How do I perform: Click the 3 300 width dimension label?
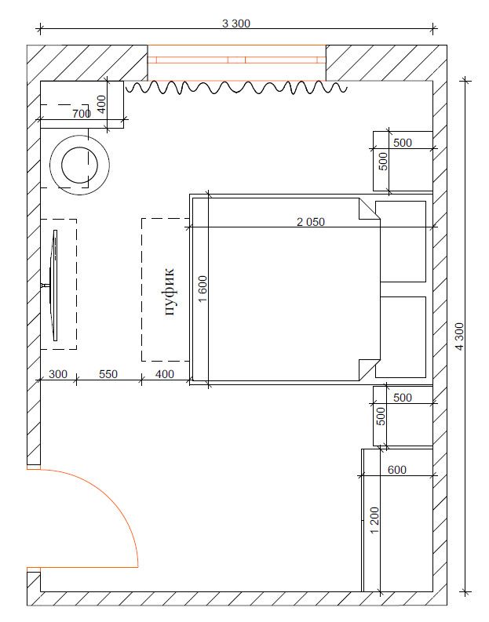coord(236,24)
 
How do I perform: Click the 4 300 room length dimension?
coord(459,336)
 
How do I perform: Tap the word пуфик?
coord(170,292)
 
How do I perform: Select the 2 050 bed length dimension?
coord(311,222)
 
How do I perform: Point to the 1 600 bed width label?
coord(203,289)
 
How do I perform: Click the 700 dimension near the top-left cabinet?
coord(82,114)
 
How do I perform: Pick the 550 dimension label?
coord(108,374)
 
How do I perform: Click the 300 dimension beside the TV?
coord(58,374)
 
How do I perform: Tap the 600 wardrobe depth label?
coord(397,470)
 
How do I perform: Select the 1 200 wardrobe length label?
coord(374,521)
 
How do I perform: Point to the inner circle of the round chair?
coord(80,165)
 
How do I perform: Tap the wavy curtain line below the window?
coord(236,88)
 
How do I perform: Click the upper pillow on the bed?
coord(401,242)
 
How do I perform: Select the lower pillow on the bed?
coord(401,337)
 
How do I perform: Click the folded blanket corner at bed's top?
coord(368,209)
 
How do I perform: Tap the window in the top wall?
coord(236,63)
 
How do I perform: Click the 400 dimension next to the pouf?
coord(165,374)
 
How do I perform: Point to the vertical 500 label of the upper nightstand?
coord(383,162)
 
